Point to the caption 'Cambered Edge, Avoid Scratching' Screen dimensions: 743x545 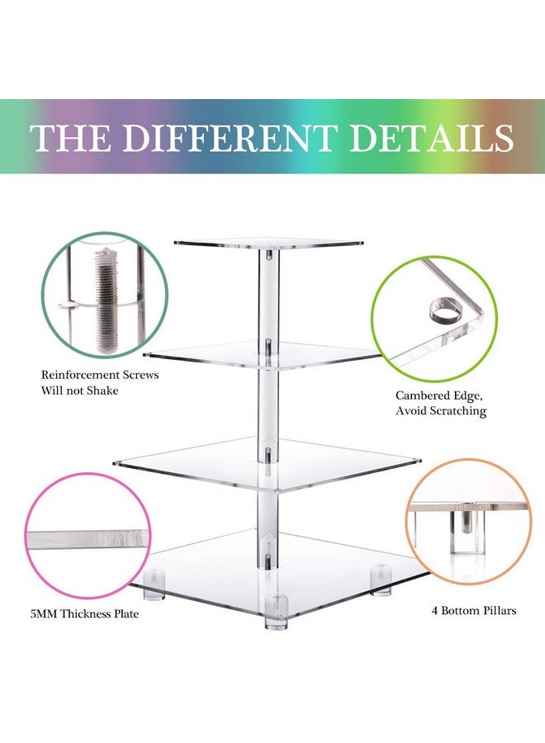(440, 403)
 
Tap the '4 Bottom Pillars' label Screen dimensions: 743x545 (474, 612)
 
